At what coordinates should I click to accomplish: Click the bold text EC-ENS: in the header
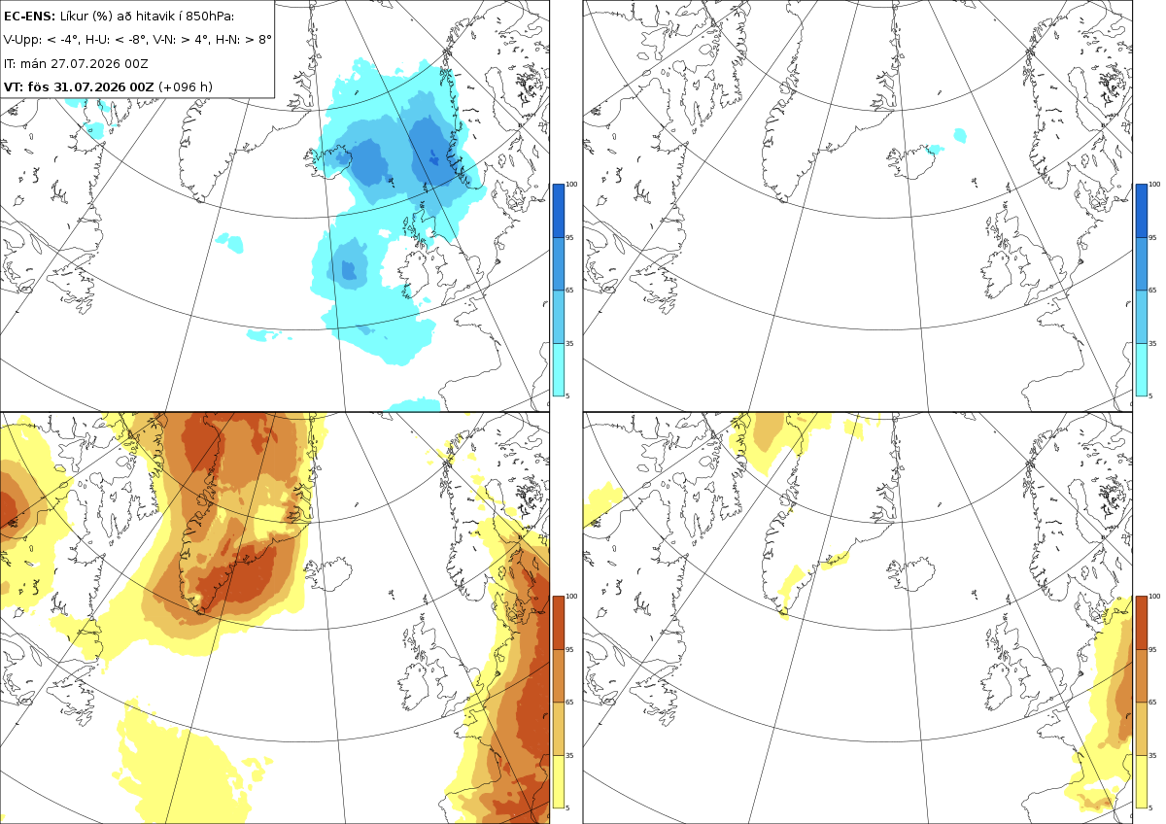[x=29, y=17]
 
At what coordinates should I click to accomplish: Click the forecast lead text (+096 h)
[x=186, y=86]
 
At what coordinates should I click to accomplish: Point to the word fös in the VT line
[x=39, y=86]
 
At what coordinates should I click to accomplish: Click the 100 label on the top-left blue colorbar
[x=571, y=185]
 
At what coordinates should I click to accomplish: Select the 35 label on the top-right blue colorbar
[x=1152, y=344]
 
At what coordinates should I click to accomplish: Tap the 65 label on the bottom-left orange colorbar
[x=569, y=703]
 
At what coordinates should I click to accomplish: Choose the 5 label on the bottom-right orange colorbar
[x=1150, y=807]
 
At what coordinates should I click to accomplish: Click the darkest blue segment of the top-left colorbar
[x=558, y=211]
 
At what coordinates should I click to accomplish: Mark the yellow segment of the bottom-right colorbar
[x=1141, y=781]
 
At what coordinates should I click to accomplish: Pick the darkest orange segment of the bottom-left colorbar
[x=558, y=623]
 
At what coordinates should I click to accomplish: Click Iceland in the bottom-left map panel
[x=329, y=572]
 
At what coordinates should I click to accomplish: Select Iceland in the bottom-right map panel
[x=912, y=572]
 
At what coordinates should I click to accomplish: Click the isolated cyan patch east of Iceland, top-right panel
[x=960, y=136]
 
